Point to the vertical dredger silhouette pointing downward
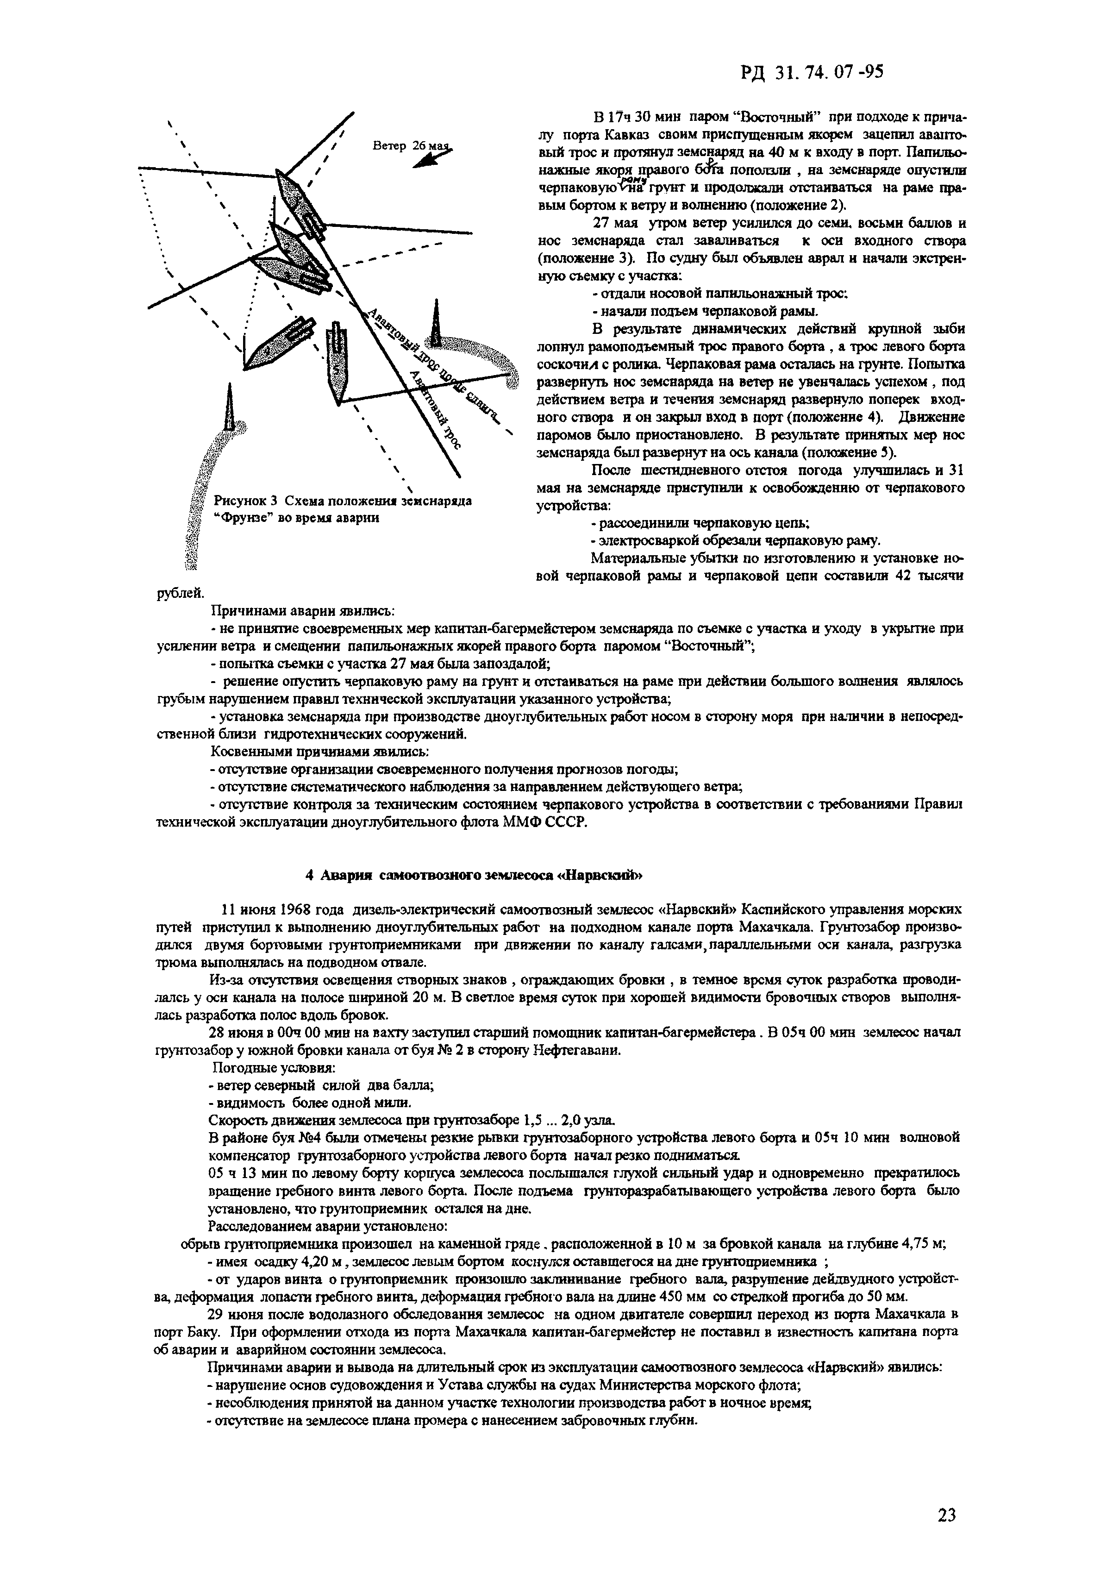[337, 360]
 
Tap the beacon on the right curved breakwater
[435, 322]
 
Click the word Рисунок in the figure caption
[237, 500]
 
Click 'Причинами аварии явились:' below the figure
[301, 611]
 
